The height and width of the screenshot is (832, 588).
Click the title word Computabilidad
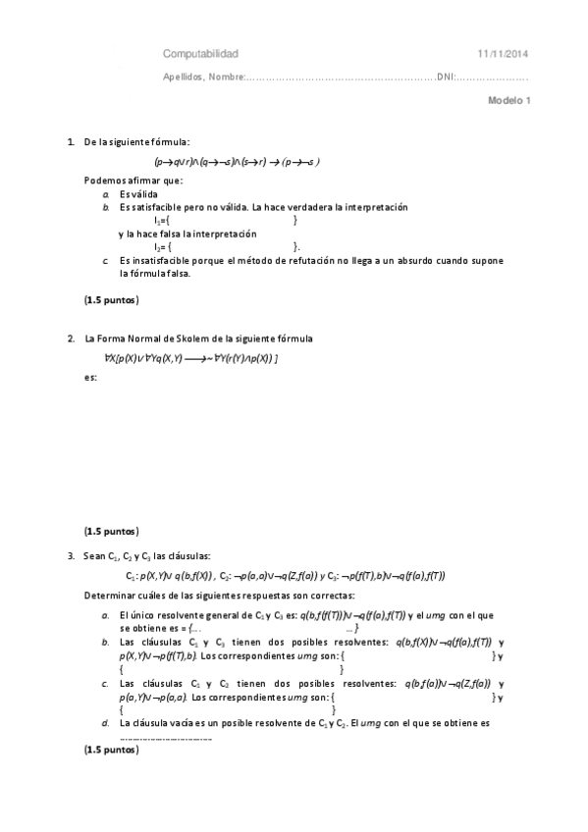coord(200,55)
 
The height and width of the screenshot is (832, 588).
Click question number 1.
coord(71,143)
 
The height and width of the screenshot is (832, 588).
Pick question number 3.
coord(71,555)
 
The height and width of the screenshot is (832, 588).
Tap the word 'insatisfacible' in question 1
coord(155,261)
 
